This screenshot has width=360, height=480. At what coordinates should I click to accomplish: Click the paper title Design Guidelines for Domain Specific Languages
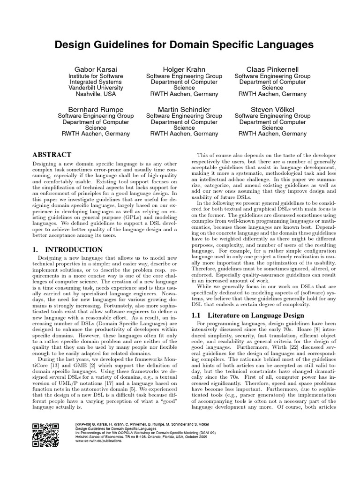[x=183, y=45]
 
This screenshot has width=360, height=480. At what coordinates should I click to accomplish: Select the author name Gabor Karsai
[x=96, y=69]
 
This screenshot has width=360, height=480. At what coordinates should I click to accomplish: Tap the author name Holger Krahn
[x=184, y=69]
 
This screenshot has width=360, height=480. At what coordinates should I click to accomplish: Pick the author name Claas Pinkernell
[x=272, y=69]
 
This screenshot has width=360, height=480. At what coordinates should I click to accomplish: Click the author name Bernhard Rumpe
[x=96, y=109]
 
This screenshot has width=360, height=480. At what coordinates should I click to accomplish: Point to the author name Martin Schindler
[x=184, y=109]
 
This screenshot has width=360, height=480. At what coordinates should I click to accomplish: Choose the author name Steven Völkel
[x=272, y=109]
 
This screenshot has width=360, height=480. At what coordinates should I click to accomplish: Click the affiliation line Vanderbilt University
[x=96, y=88]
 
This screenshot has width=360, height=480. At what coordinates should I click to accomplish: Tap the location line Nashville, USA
[x=96, y=94]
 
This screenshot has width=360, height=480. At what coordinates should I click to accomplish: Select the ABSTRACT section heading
[x=52, y=155]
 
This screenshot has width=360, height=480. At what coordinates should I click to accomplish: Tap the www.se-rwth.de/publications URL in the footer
[x=98, y=441]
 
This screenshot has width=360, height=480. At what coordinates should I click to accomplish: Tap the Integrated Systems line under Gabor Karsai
[x=96, y=82]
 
